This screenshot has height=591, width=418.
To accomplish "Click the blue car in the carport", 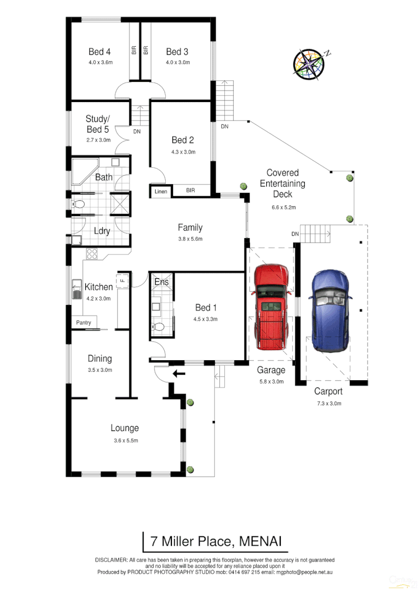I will click(x=331, y=310).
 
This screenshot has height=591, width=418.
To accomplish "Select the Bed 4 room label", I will click(x=99, y=52).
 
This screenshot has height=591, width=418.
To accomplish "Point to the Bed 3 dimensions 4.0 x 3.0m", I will click(x=178, y=62).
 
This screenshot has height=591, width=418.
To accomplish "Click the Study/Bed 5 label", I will click(x=98, y=124).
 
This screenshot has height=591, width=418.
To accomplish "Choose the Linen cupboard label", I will click(x=161, y=192).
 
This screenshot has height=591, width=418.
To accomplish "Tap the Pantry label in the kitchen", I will click(x=83, y=323).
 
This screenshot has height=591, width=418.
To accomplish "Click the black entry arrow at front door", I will click(x=179, y=373).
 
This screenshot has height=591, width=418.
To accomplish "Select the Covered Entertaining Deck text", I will click(x=282, y=183).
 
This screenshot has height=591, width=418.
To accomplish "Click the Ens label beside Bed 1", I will click(x=161, y=283).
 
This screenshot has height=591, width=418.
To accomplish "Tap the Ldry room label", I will click(x=102, y=231).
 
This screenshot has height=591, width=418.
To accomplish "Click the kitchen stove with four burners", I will click(x=92, y=254).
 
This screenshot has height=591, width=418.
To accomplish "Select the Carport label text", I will click(x=328, y=391).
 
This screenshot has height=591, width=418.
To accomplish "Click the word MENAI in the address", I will click(x=262, y=541).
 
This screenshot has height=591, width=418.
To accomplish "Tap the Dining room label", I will click(x=99, y=359).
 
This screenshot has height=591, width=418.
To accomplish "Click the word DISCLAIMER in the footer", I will click(x=110, y=560).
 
